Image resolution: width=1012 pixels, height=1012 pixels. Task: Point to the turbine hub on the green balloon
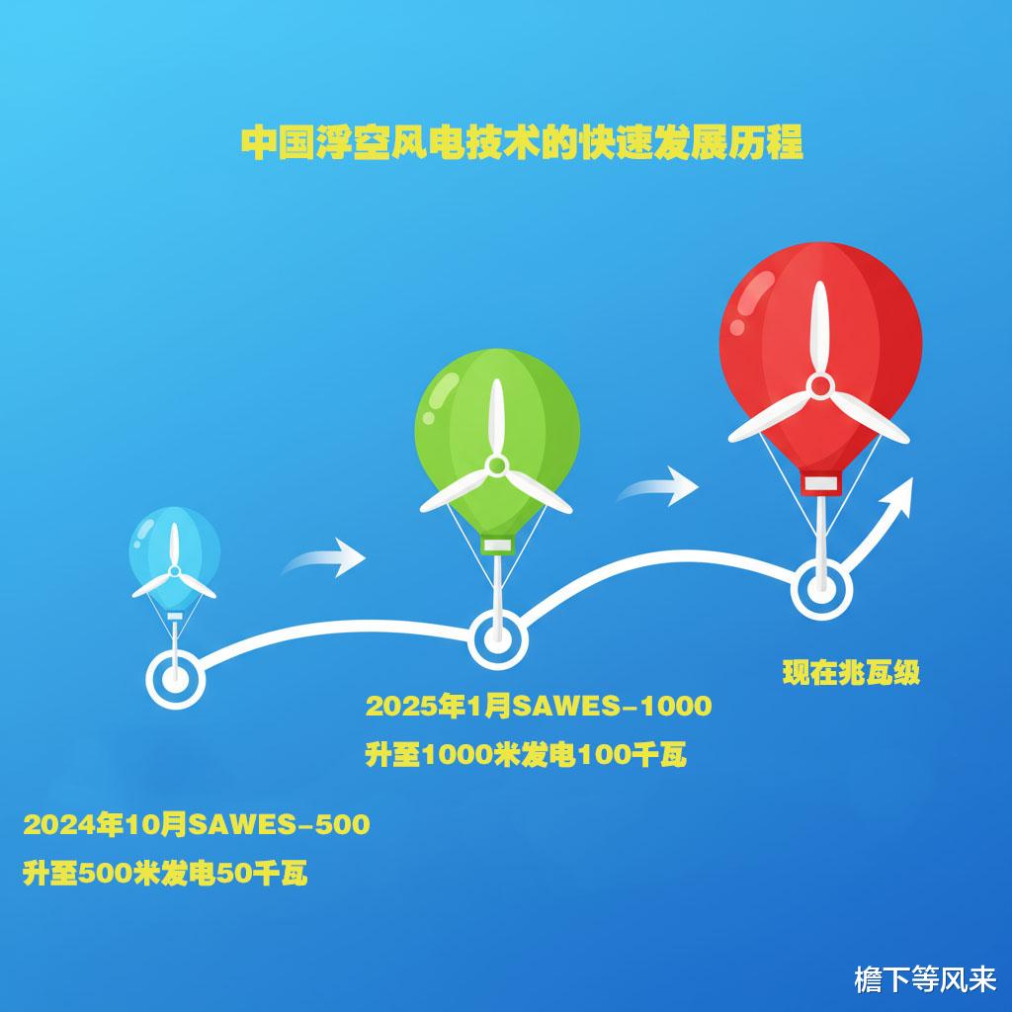point(497,464)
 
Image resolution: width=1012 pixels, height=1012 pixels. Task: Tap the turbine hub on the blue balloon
point(175,571)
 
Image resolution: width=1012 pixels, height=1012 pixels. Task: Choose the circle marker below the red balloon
point(821,590)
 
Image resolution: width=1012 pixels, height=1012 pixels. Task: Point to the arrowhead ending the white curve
point(899,492)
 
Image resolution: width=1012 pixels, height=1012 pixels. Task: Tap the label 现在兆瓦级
point(852,674)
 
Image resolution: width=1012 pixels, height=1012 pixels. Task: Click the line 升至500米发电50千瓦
point(165,875)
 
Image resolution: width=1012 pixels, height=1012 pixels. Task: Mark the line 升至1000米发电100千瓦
point(526,756)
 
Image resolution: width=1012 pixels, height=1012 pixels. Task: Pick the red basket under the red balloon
point(820,483)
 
